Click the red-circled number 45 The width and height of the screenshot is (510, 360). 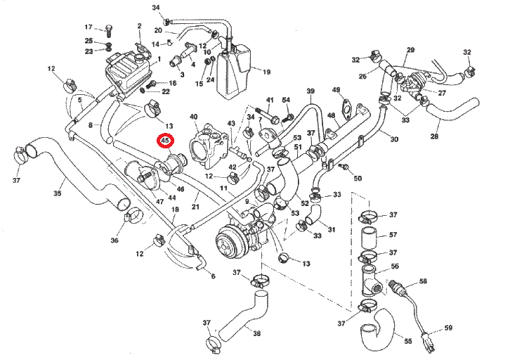166,141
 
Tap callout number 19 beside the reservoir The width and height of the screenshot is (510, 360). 266,72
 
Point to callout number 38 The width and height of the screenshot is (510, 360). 257,333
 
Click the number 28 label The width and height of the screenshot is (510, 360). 435,136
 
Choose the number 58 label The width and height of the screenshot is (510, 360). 423,281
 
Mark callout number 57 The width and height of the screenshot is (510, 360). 393,235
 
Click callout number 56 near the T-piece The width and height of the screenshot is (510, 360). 395,266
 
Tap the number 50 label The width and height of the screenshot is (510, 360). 358,179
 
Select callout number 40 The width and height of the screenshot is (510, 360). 194,116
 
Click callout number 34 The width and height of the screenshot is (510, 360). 155,6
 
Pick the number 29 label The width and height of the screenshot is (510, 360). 411,49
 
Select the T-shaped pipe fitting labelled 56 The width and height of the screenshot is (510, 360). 370,281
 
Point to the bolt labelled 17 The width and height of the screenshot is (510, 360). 109,29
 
